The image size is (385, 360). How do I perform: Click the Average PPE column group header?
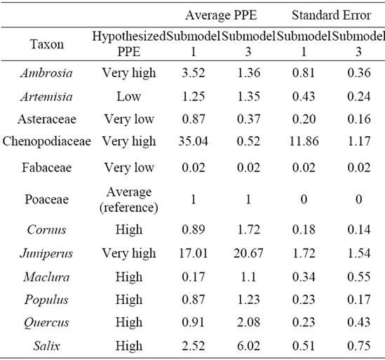click(221, 15)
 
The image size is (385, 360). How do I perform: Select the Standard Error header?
click(331, 15)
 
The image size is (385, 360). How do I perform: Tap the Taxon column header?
click(47, 44)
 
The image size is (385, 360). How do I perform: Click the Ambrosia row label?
click(47, 73)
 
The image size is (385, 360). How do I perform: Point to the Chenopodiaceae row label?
click(47, 141)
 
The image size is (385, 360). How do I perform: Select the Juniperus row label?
click(46, 253)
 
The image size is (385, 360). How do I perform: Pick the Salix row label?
click(47, 346)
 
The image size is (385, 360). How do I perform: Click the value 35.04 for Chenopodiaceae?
click(194, 141)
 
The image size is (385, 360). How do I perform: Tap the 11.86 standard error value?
click(304, 141)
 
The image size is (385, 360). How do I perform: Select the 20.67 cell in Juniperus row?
click(248, 253)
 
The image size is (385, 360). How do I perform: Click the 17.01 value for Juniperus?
click(194, 253)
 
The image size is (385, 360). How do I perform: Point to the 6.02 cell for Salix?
click(248, 346)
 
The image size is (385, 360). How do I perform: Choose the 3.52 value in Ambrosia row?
click(194, 73)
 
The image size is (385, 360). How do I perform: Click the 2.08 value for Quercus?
click(248, 322)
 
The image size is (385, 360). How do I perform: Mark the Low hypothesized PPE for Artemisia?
click(128, 97)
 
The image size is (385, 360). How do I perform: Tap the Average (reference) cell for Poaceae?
click(128, 199)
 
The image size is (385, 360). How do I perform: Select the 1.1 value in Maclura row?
click(248, 277)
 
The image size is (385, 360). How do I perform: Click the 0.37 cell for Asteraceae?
click(248, 119)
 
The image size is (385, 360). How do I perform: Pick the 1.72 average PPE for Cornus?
click(248, 229)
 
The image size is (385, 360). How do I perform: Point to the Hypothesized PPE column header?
click(128, 44)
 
